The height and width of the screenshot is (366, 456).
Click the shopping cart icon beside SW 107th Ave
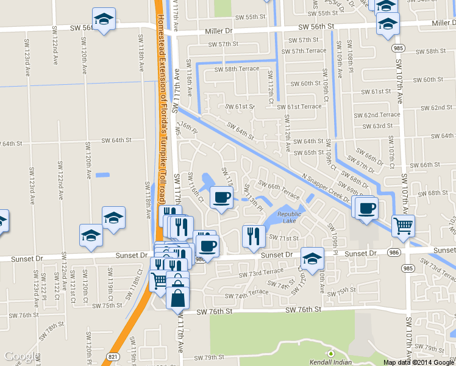[x=403, y=225]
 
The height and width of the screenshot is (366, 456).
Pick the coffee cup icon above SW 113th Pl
[x=221, y=197]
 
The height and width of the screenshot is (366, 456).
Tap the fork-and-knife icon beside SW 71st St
[x=254, y=235]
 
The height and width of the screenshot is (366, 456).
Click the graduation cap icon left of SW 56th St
[x=104, y=18]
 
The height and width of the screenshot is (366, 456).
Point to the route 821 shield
[x=111, y=356]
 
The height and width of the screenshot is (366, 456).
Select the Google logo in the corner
[x=20, y=356]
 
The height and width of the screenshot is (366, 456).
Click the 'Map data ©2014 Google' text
[x=418, y=362]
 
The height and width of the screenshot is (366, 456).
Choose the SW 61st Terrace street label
[x=299, y=106]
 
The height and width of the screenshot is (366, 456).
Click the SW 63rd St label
[x=378, y=126]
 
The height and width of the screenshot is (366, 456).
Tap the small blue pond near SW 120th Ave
[x=102, y=175]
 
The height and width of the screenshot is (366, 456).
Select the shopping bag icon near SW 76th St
[x=177, y=299]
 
